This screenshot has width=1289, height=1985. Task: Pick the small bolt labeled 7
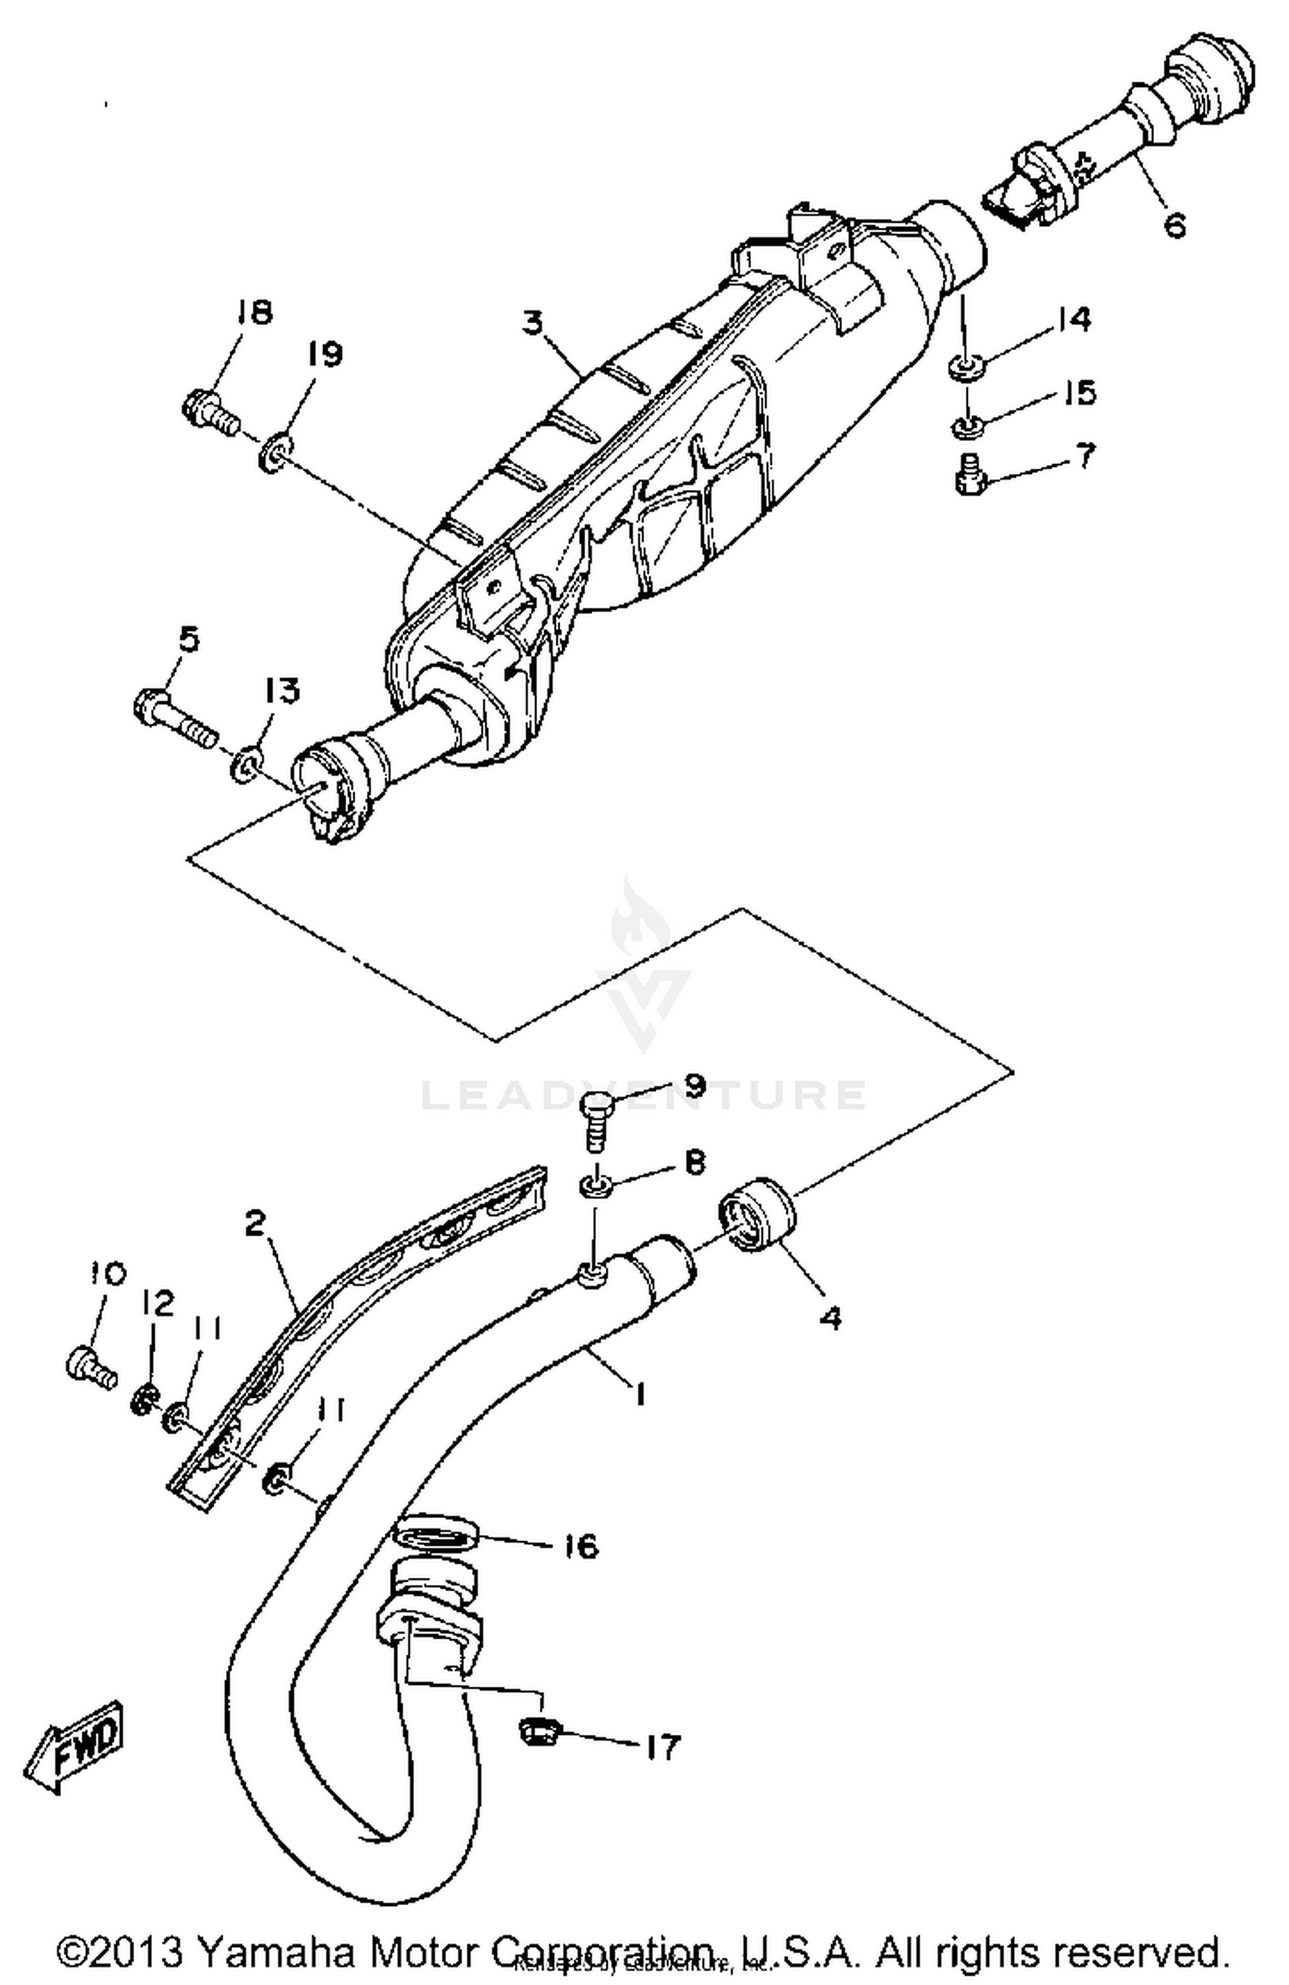pos(970,474)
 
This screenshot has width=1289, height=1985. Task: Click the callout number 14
pos(1073,319)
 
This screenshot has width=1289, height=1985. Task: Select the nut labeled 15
pos(968,425)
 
